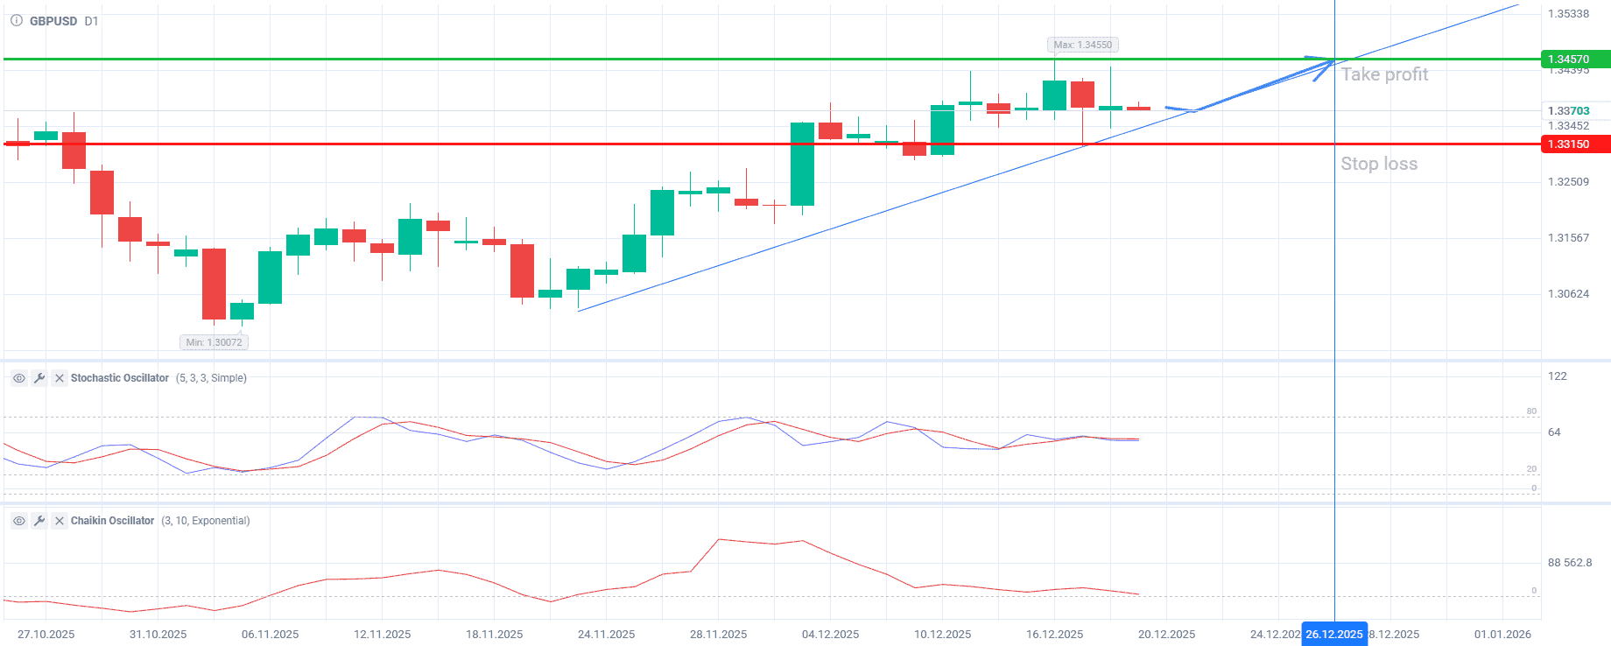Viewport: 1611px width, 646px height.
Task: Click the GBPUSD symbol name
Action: click(53, 21)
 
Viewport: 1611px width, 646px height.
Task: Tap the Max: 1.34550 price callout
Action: click(1082, 45)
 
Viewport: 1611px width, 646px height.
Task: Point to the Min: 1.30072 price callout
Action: click(214, 342)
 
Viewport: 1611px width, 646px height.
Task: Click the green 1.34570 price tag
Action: click(1573, 60)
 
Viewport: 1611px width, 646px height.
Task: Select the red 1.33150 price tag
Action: click(1573, 144)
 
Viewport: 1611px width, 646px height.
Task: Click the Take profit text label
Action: click(1384, 75)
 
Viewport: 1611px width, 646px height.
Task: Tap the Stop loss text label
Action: click(1379, 164)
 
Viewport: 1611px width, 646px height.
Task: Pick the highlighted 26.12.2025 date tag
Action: click(1333, 635)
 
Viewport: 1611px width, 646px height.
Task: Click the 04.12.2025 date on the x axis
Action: click(830, 635)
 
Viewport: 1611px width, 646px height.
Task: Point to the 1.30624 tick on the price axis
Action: click(1568, 294)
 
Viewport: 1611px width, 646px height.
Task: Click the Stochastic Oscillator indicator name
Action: click(120, 378)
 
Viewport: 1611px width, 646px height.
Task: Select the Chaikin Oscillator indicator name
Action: click(112, 521)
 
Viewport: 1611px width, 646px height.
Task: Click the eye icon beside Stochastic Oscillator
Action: click(18, 378)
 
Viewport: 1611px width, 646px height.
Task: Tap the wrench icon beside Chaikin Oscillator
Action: click(39, 521)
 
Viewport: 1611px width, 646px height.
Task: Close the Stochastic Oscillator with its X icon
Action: click(60, 378)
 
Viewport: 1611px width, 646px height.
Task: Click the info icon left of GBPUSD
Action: click(17, 21)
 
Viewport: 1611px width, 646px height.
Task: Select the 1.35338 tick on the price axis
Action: click(1568, 14)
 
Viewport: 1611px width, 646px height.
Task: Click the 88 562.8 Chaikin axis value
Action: click(1570, 563)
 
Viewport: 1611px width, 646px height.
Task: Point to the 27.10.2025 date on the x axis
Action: click(46, 635)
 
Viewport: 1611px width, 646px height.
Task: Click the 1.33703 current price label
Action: click(1568, 111)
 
